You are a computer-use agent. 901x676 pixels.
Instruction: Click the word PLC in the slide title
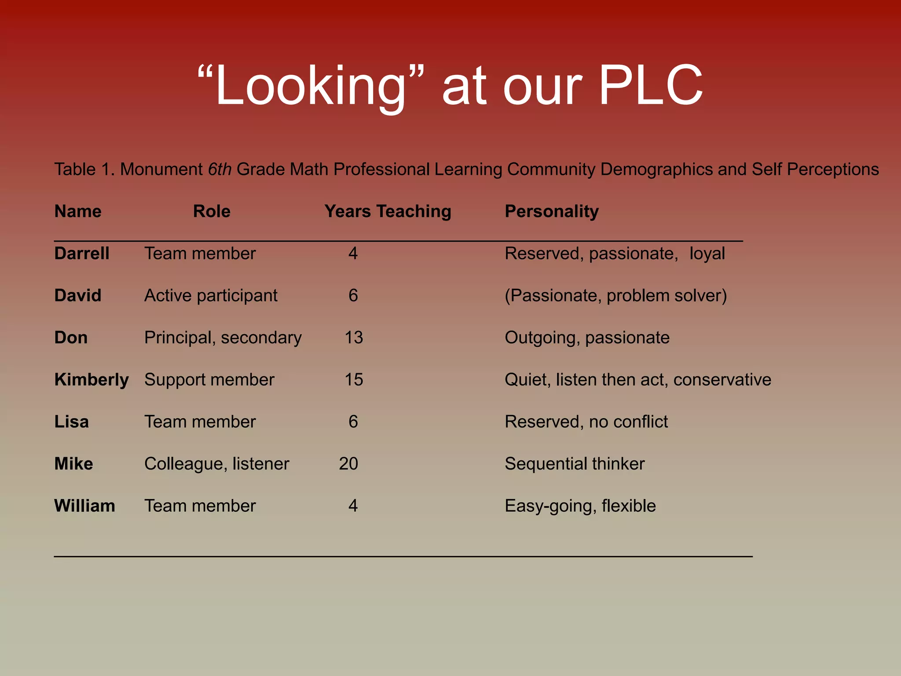click(650, 85)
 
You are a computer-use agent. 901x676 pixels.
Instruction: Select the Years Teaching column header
click(388, 212)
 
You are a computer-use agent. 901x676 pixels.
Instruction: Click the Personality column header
click(552, 212)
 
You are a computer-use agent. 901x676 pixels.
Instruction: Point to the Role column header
click(212, 212)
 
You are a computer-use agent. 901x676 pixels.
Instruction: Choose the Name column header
click(78, 212)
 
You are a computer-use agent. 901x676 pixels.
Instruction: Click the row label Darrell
click(82, 253)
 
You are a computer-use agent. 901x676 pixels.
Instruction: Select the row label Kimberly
click(92, 380)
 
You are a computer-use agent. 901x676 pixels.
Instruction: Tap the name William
click(84, 506)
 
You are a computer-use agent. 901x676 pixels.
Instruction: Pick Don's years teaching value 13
click(354, 338)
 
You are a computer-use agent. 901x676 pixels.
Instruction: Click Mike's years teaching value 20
click(348, 464)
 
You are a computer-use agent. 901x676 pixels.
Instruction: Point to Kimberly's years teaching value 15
click(354, 380)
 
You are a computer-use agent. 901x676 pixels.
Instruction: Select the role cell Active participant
click(211, 296)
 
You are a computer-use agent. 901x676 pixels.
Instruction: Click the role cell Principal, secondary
click(223, 338)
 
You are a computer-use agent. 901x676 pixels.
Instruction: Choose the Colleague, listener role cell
click(216, 464)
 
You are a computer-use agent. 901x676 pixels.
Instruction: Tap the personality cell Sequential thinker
click(575, 464)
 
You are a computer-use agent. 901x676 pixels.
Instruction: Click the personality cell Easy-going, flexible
click(580, 506)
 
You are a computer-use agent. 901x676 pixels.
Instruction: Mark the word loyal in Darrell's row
click(707, 253)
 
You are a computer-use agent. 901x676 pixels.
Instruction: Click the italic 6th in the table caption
click(220, 169)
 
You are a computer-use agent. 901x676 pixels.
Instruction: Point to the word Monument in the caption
click(161, 169)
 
